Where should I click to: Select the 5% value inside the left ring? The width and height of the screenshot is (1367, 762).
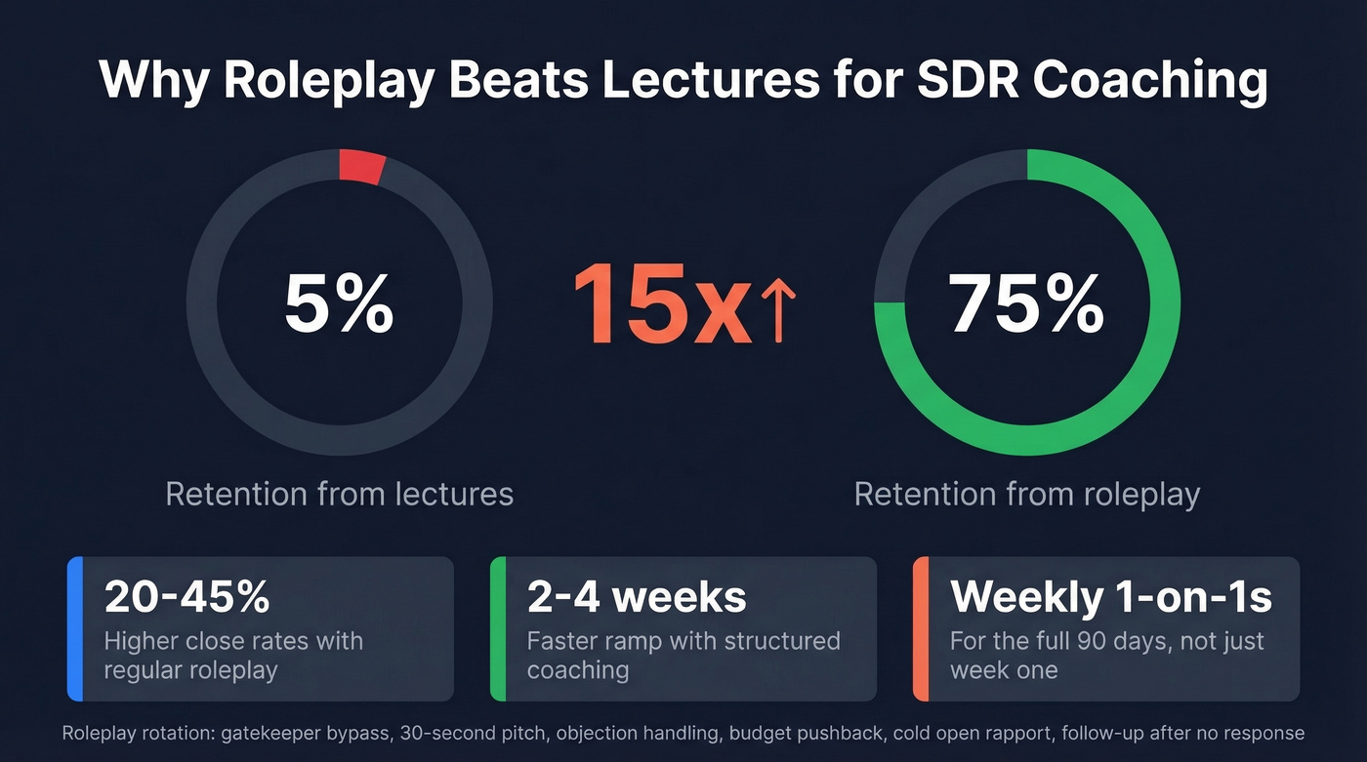[x=339, y=304]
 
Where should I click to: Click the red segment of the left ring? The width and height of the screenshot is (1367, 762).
[x=361, y=167]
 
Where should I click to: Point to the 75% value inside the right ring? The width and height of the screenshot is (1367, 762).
[x=1026, y=304]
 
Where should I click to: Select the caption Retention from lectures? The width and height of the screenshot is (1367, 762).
[x=339, y=494]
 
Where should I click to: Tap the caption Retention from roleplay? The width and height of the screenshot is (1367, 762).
[x=1026, y=494]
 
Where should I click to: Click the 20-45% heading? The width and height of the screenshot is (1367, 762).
[x=186, y=597]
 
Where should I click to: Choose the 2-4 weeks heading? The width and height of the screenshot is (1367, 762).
[x=637, y=597]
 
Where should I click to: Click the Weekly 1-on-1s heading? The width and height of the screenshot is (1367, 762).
[x=1110, y=597]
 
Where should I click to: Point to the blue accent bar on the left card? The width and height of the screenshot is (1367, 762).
[x=75, y=628]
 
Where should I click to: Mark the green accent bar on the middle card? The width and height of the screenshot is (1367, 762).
[x=498, y=628]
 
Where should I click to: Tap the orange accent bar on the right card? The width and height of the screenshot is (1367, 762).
[x=921, y=628]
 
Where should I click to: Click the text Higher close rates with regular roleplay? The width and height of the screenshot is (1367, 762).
[x=233, y=656]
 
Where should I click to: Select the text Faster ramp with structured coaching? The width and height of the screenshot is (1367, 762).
[x=683, y=656]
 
